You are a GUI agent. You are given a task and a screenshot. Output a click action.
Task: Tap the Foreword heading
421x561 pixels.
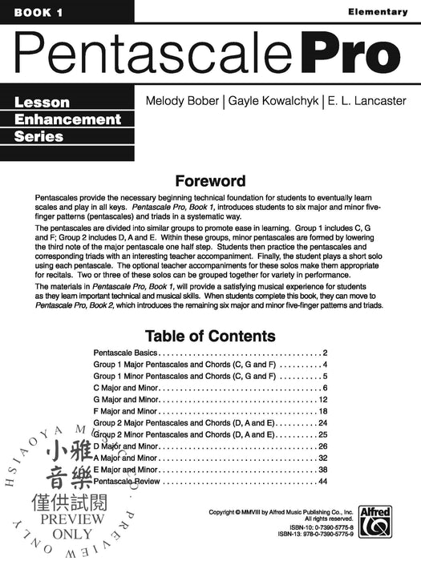[210, 180]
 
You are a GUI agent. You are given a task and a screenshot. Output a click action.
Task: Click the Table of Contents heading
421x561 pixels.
[210, 336]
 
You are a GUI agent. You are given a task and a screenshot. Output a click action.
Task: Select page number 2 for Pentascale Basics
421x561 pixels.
[326, 353]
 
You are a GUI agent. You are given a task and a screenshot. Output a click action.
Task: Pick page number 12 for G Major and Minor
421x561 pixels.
[323, 399]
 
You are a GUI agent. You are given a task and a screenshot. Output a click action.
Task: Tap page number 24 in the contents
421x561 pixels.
[323, 422]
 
